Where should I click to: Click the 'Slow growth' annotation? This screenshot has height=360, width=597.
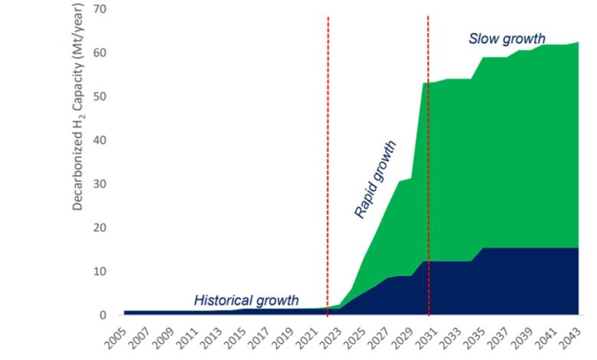[507, 38]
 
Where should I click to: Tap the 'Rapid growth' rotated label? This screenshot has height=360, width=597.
[375, 179]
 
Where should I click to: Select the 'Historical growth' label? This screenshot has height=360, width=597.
[246, 300]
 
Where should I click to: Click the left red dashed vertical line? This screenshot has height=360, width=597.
[328, 153]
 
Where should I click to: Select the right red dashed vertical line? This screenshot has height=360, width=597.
[429, 153]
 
